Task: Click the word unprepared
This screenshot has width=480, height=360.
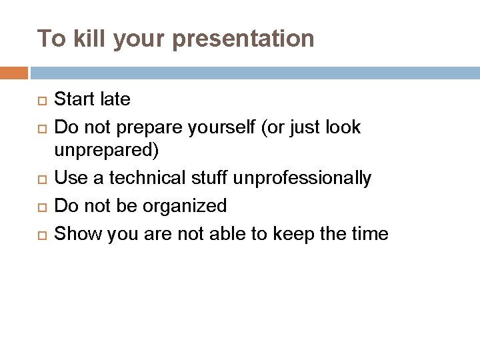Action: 105,151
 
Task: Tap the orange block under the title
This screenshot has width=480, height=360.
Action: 13,71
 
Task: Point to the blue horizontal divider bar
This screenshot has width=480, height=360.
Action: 253,71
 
